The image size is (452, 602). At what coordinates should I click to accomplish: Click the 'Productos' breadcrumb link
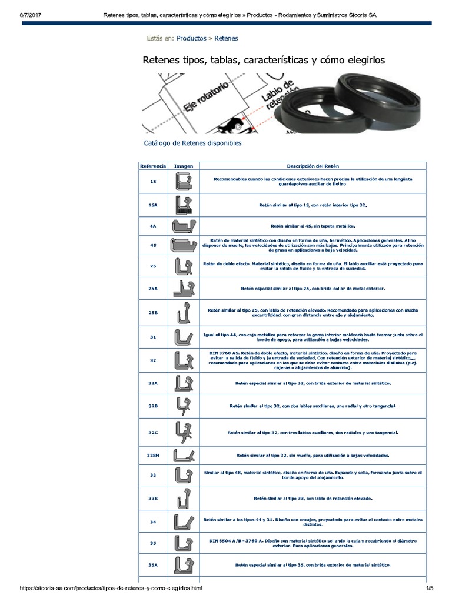click(191, 38)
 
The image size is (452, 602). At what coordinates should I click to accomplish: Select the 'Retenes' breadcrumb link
click(226, 38)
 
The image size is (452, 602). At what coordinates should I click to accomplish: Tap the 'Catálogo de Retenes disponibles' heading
click(192, 143)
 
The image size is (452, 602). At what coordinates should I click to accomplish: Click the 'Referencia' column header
click(153, 166)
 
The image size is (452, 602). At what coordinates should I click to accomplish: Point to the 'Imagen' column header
click(184, 166)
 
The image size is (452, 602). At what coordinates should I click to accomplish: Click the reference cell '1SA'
click(153, 205)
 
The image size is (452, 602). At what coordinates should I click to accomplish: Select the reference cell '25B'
click(153, 313)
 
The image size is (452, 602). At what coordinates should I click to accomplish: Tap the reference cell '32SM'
click(153, 455)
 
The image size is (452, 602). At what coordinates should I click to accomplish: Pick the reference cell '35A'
click(153, 564)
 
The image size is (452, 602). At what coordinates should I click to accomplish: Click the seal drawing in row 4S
click(184, 245)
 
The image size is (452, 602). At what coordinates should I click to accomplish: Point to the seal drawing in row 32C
click(184, 432)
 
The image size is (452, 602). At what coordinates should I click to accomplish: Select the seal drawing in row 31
click(184, 337)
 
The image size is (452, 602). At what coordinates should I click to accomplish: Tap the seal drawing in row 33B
click(184, 498)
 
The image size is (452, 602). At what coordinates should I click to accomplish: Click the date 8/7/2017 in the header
click(24, 15)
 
